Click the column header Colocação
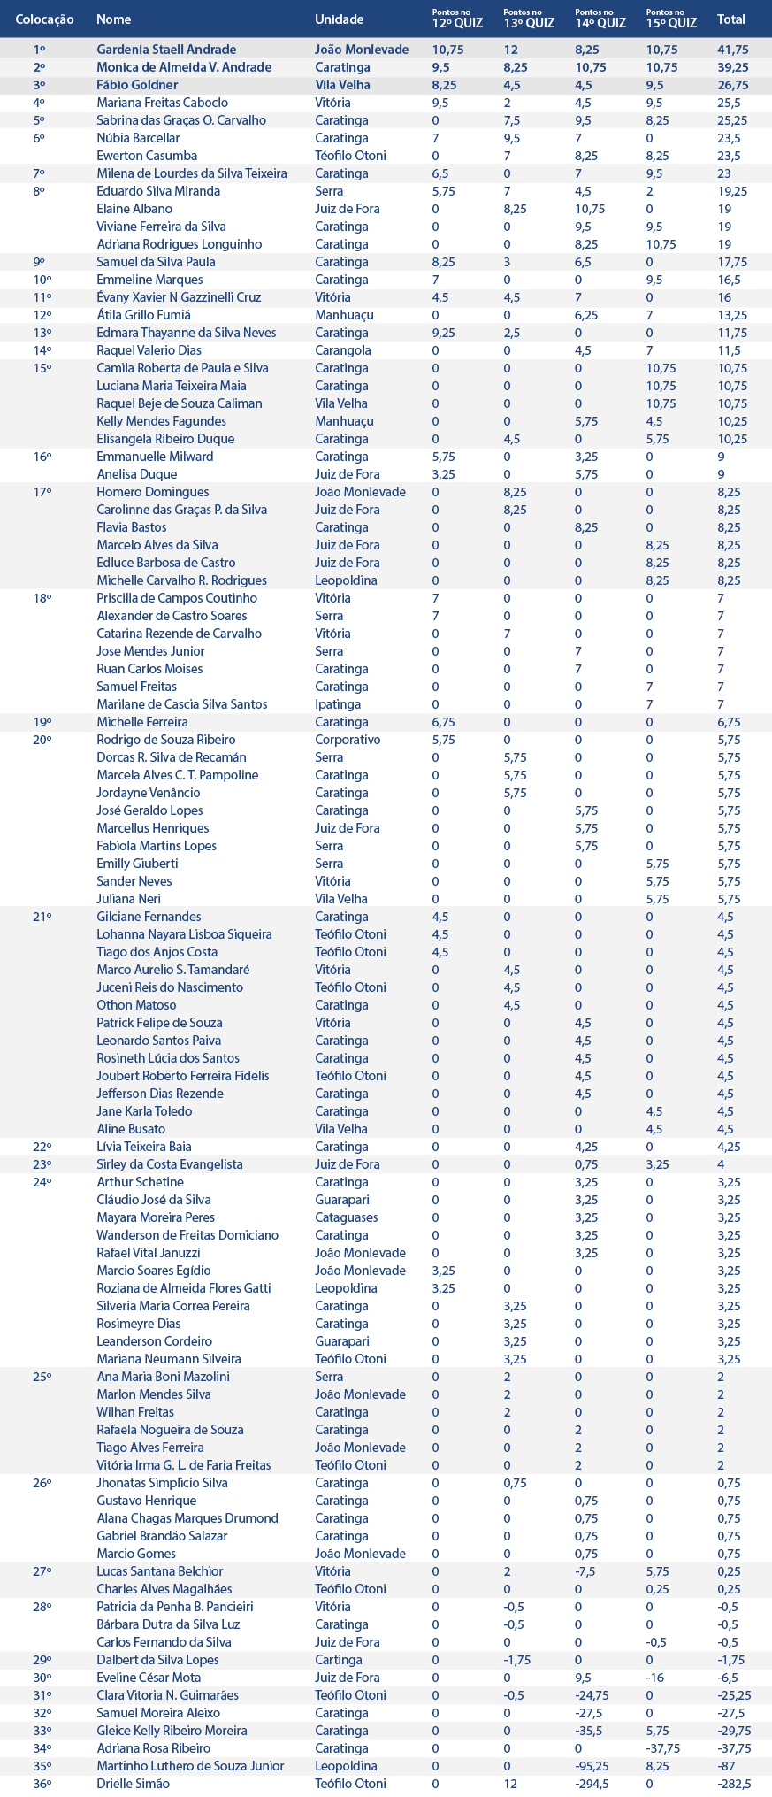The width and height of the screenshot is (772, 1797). click(x=44, y=19)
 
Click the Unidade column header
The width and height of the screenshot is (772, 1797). click(x=339, y=19)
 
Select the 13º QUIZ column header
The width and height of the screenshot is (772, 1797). click(x=529, y=19)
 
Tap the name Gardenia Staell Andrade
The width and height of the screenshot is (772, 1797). click(x=166, y=50)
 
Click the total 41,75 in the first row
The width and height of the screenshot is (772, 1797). click(x=733, y=50)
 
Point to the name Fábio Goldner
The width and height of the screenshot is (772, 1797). click(x=137, y=85)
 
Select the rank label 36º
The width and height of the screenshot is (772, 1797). click(x=42, y=1784)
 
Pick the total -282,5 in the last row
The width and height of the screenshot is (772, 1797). click(x=734, y=1784)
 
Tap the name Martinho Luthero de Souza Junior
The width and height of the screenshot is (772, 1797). click(x=190, y=1766)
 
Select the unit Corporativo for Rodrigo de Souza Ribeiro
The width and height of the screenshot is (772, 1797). click(x=348, y=740)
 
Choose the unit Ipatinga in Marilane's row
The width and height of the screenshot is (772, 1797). click(x=338, y=704)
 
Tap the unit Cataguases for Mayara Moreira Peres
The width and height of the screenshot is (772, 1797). click(x=346, y=1217)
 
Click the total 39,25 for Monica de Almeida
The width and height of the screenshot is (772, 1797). click(x=733, y=67)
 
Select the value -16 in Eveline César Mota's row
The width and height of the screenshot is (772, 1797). click(x=654, y=1678)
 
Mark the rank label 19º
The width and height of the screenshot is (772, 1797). click(x=42, y=722)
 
